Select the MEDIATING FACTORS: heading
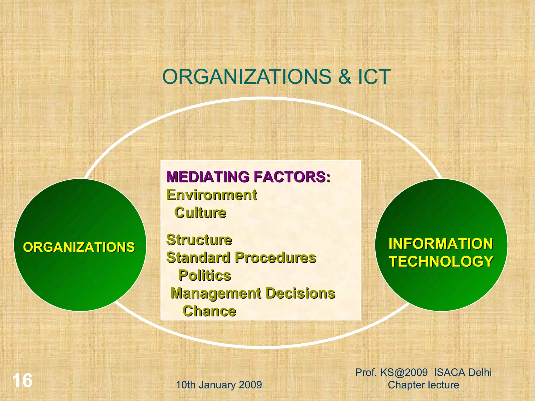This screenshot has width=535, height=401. tap(248, 177)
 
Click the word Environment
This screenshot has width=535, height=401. tap(212, 195)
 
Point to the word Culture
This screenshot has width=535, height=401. tap(200, 213)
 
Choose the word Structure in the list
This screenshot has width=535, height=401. tap(199, 240)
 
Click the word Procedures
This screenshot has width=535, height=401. tap(275, 258)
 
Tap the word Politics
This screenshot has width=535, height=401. tap(205, 275)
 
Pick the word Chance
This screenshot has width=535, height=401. tap(209, 311)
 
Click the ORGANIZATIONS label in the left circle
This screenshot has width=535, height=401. tap(79, 247)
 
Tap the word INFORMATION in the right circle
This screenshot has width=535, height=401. tap(441, 244)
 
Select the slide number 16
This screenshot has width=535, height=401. tap(22, 381)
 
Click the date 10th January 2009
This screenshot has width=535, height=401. tap(219, 385)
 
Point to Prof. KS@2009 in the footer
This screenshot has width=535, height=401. tap(391, 373)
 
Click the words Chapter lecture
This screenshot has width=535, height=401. tap(423, 385)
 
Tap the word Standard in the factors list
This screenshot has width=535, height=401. tap(198, 258)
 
